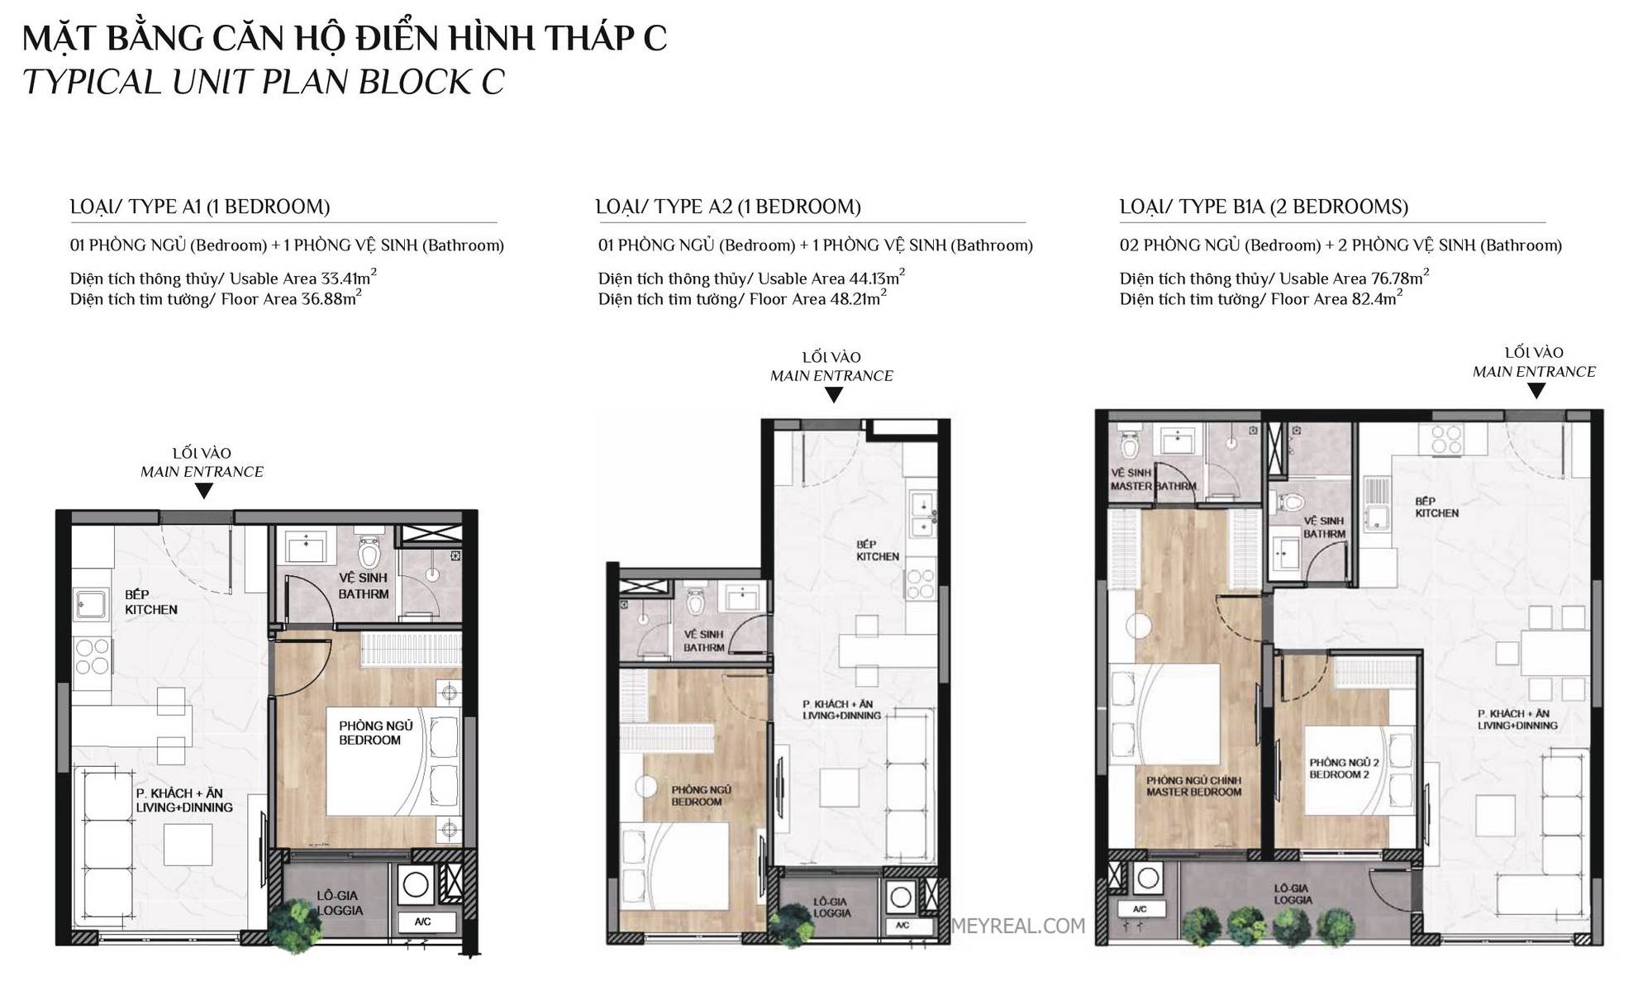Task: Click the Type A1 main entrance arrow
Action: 203,491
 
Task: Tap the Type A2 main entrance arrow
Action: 834,395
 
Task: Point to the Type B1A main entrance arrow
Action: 1536,391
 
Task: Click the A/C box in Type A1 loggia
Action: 423,921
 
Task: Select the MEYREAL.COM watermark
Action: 1018,926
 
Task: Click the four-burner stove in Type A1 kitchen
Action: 92,656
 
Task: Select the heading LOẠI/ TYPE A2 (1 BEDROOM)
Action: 728,207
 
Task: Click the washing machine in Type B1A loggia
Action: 1148,879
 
